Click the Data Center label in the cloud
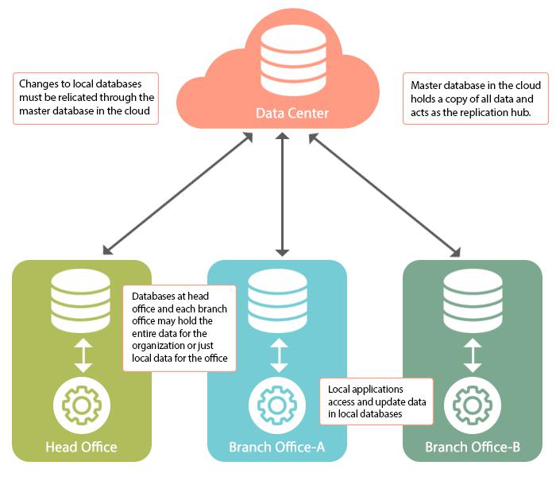click(x=292, y=113)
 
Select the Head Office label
click(x=81, y=447)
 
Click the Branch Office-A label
click(x=277, y=447)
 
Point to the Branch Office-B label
click(x=473, y=447)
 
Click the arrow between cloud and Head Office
click(x=178, y=194)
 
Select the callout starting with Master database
click(x=475, y=99)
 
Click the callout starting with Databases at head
click(x=179, y=327)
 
